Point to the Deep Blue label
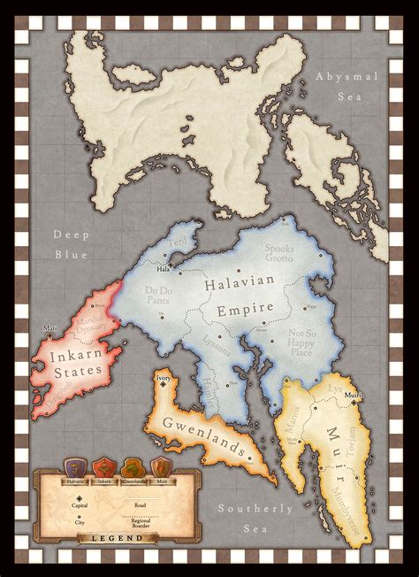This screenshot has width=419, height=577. pyautogui.click(x=70, y=245)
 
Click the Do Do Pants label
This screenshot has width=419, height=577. pyautogui.click(x=159, y=294)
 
